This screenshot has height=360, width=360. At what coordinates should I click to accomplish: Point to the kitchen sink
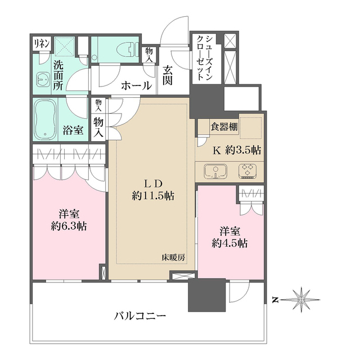point(215,170)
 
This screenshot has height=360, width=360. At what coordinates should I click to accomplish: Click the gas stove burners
point(247,170)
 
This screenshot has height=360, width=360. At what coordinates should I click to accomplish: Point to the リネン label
point(40,43)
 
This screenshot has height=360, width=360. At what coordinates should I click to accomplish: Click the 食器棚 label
point(224,127)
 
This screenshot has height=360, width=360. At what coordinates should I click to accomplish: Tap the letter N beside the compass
point(274,300)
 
